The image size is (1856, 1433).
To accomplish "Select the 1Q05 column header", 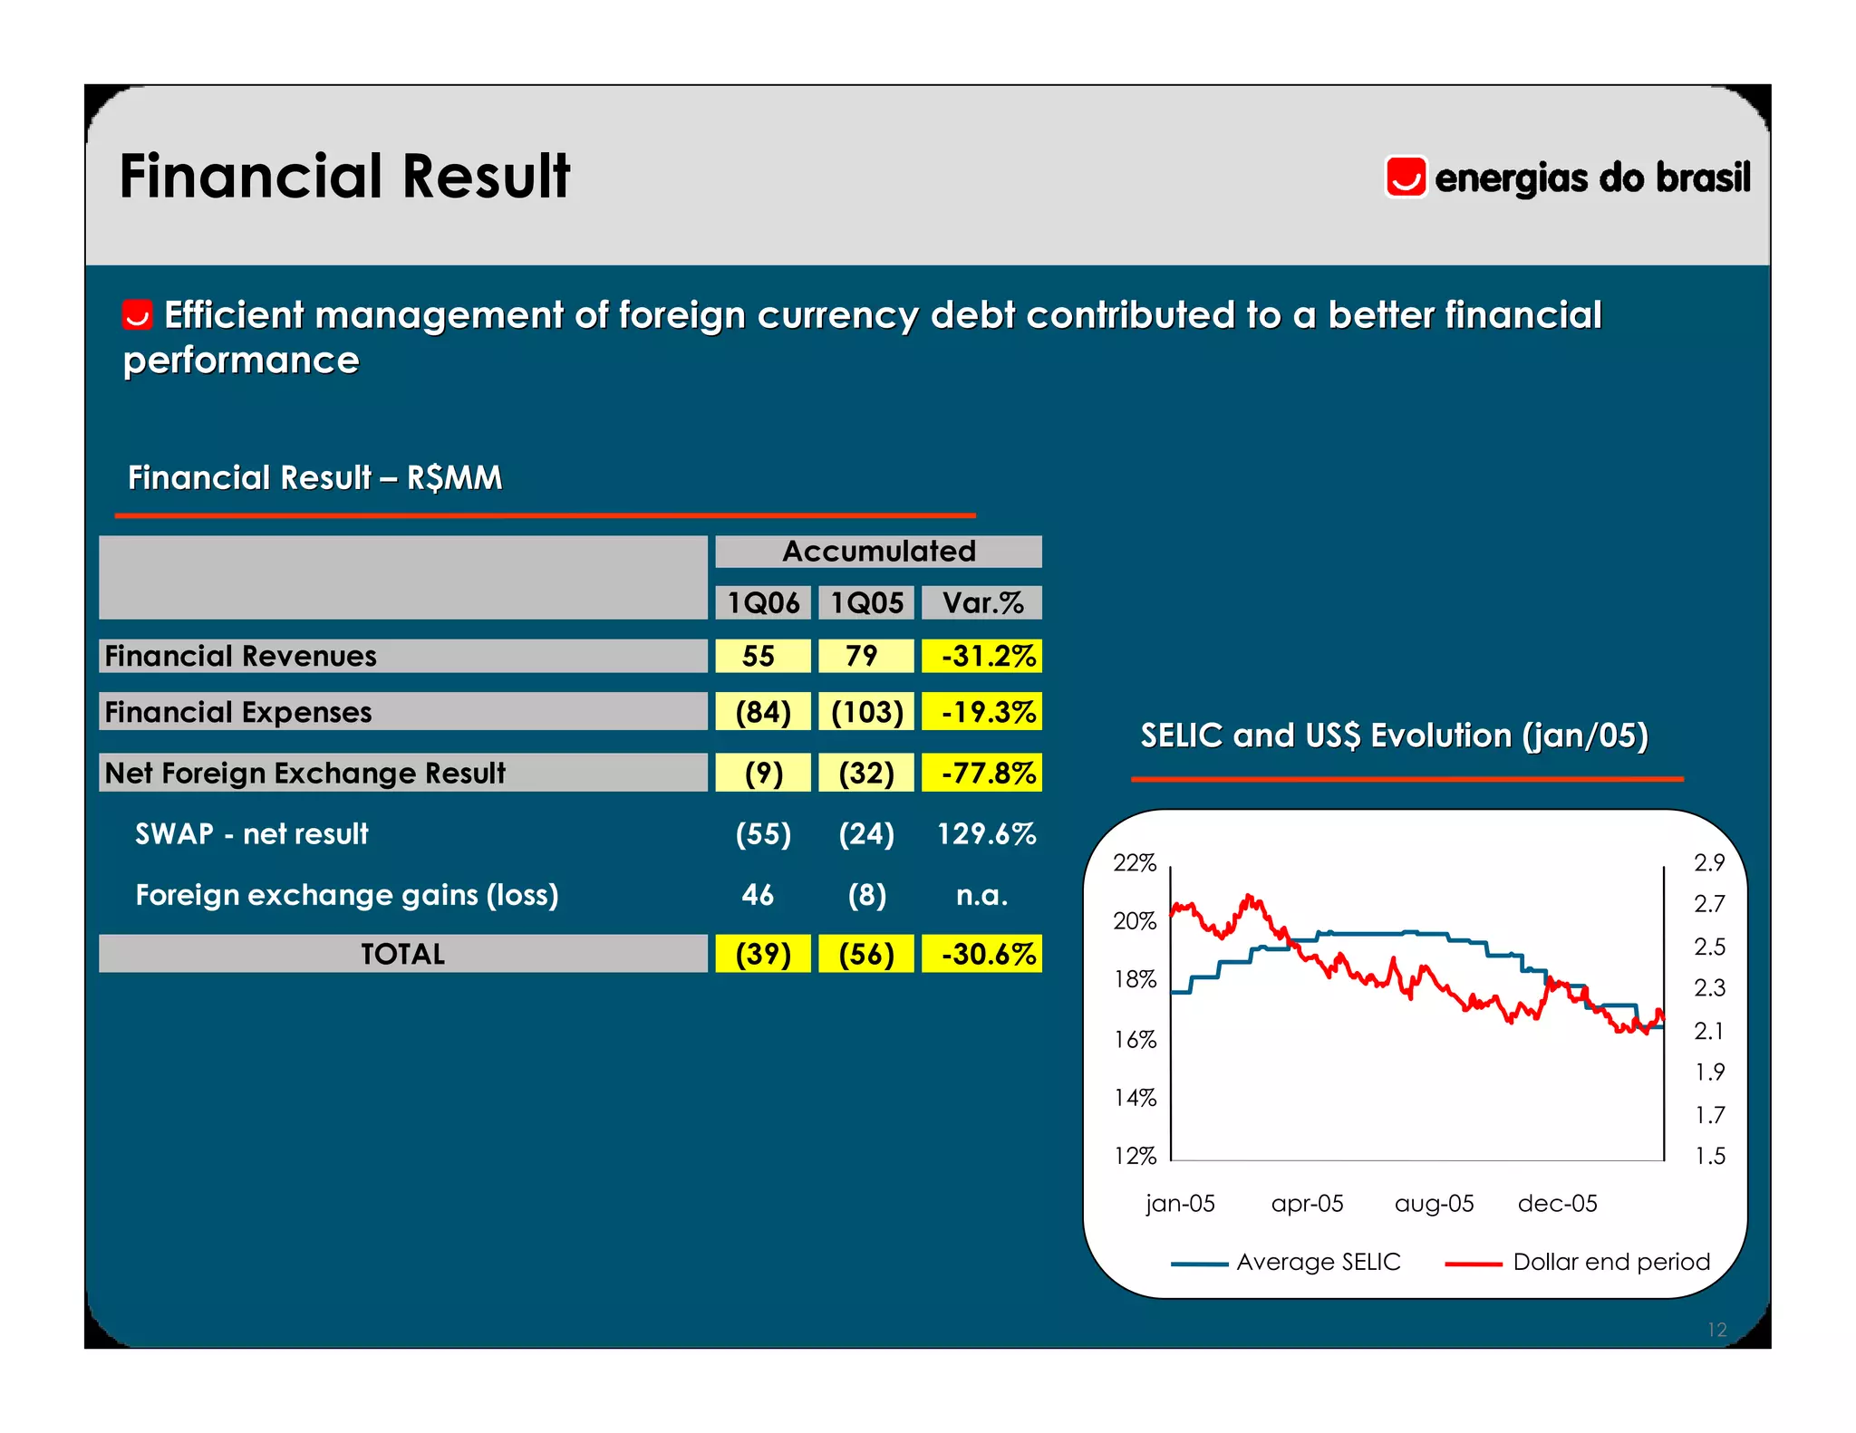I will pyautogui.click(x=866, y=603).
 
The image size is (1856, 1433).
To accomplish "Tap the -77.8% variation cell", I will pyautogui.click(x=982, y=773).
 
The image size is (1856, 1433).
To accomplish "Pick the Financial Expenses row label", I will pyautogui.click(x=238, y=712).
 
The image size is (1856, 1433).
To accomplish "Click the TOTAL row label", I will pyautogui.click(x=402, y=954).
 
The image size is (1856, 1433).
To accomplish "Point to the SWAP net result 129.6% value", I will pyautogui.click(x=986, y=833).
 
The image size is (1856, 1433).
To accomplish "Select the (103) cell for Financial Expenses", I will pyautogui.click(x=866, y=712).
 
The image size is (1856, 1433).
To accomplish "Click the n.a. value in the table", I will pyautogui.click(x=981, y=895).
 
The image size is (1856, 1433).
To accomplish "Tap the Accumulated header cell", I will pyautogui.click(x=878, y=552).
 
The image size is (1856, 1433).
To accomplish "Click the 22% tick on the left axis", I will pyautogui.click(x=1135, y=863).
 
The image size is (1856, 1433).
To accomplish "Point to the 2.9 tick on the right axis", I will pyautogui.click(x=1709, y=863).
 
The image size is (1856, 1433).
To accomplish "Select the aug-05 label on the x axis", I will pyautogui.click(x=1434, y=1204).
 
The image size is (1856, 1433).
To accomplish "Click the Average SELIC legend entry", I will pyautogui.click(x=1318, y=1262).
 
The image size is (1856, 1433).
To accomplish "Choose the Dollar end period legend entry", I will pyautogui.click(x=1610, y=1262).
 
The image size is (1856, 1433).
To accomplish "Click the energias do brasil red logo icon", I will pyautogui.click(x=1406, y=177).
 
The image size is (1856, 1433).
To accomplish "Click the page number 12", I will pyautogui.click(x=1716, y=1330).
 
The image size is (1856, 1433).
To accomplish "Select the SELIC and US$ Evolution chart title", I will pyautogui.click(x=1394, y=736).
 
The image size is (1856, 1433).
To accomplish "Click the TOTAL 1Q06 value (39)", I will pyautogui.click(x=762, y=954).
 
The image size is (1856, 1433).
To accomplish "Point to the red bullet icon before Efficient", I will pyautogui.click(x=138, y=315).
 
